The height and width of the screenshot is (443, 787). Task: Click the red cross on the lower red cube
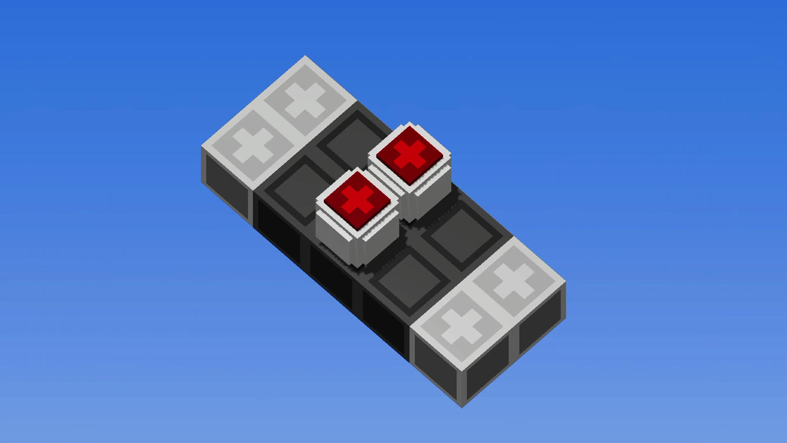click(x=357, y=200)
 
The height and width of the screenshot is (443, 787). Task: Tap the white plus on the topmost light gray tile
click(x=305, y=101)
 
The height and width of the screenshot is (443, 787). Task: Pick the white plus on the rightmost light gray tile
click(x=514, y=281)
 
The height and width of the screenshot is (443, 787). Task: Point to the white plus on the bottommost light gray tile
click(x=462, y=326)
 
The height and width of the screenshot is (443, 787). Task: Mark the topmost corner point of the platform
click(x=305, y=56)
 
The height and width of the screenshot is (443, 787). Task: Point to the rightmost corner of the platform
click(x=566, y=283)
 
